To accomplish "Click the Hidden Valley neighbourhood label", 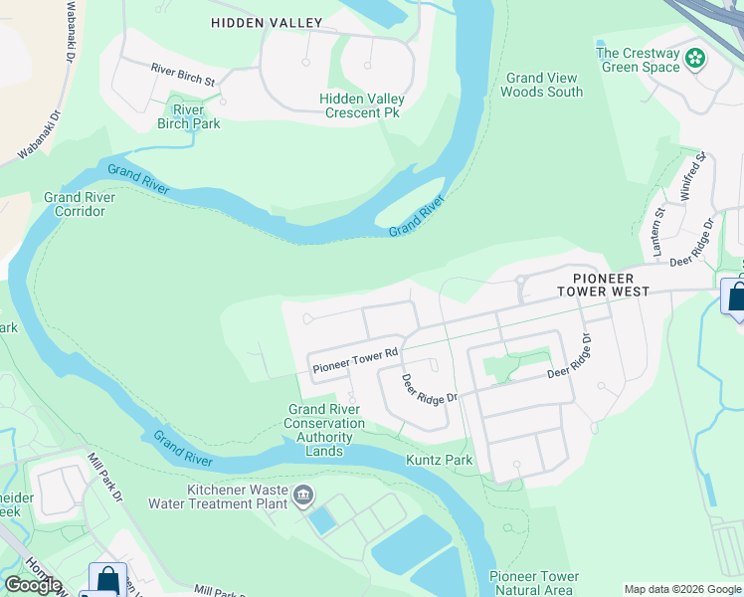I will coord(267,22).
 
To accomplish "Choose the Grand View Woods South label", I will coord(541,85).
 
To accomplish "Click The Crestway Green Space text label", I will coord(638,60).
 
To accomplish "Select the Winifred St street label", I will coord(692,176).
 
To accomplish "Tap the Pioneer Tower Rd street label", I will coord(355,360).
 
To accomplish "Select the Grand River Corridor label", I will coord(80,204).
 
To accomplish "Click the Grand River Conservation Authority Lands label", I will coord(325,430).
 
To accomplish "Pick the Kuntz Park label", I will coord(439,460).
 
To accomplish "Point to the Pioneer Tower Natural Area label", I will coord(534,583).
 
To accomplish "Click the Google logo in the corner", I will coord(33,585).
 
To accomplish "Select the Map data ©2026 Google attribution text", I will coord(682,589).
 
